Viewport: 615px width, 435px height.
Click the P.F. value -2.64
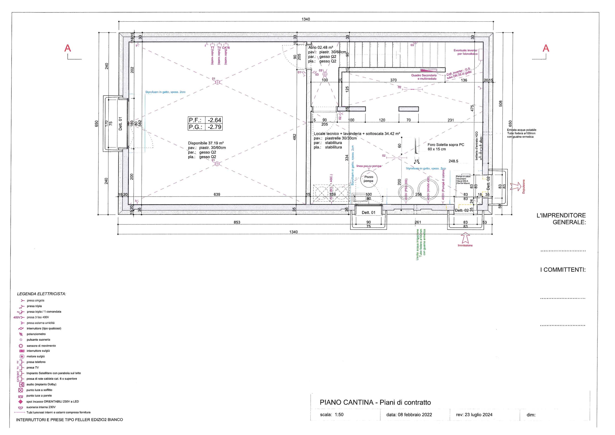point(214,120)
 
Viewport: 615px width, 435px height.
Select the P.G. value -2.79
point(214,127)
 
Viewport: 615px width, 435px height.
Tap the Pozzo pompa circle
point(369,179)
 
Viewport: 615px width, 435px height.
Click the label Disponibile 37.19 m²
point(206,143)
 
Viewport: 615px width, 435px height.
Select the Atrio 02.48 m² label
point(321,47)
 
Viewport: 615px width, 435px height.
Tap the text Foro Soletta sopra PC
point(446,145)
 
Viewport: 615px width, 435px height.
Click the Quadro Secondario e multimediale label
point(424,77)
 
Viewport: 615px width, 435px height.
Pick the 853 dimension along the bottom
point(237,222)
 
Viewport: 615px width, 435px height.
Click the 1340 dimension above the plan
point(306,19)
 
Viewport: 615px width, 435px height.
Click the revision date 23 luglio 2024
point(478,415)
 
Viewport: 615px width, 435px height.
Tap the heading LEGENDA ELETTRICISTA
point(42,294)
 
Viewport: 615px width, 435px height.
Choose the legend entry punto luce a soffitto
point(39,390)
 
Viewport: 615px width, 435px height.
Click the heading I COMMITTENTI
point(563,270)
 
